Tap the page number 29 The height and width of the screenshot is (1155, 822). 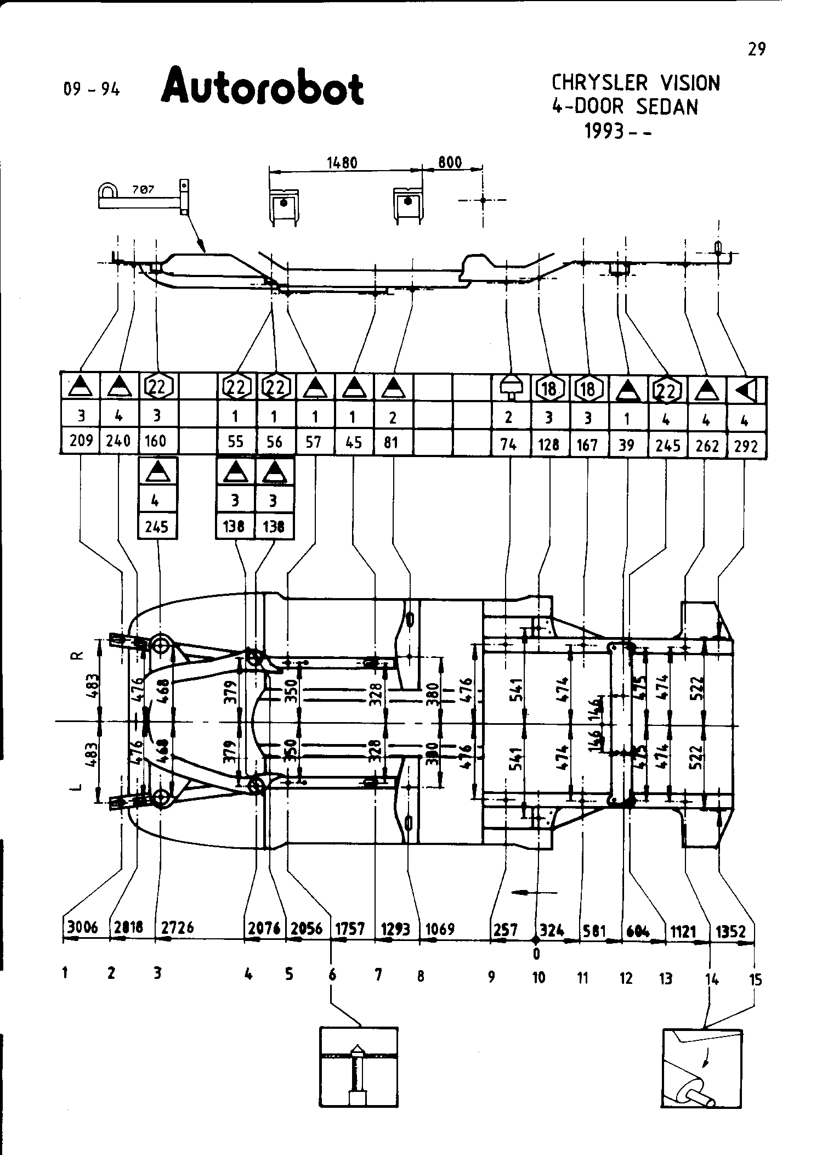click(x=756, y=49)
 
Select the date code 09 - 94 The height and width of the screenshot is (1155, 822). click(x=91, y=89)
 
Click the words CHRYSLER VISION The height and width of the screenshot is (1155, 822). click(x=635, y=83)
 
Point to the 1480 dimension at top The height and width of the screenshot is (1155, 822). click(x=342, y=163)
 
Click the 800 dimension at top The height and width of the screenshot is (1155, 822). click(x=450, y=163)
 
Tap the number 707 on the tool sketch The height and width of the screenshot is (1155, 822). click(x=143, y=190)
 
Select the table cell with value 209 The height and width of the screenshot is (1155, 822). click(x=81, y=441)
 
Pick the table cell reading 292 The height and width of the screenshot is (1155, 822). click(x=746, y=445)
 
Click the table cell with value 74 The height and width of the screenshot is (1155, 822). click(x=509, y=444)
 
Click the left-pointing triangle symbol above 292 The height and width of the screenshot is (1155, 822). click(x=746, y=390)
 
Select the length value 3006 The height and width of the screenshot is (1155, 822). click(x=82, y=927)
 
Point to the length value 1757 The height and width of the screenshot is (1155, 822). click(x=350, y=928)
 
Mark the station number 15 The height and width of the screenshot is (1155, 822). click(x=755, y=979)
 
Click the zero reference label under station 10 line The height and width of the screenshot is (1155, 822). click(x=536, y=954)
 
